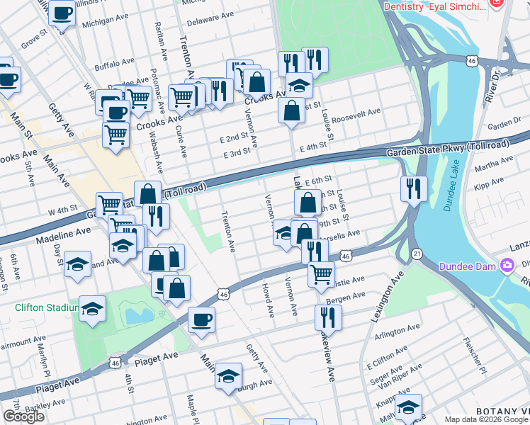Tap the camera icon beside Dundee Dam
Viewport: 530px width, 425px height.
coord(507,266)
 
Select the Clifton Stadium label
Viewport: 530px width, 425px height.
coord(46,307)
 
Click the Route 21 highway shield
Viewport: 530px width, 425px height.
coord(417,254)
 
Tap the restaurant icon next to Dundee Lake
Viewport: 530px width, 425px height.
coord(412,188)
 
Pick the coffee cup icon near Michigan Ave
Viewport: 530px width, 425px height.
coord(62,12)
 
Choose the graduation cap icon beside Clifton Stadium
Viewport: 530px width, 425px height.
coord(91,309)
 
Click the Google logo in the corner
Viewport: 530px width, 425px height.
coord(23,416)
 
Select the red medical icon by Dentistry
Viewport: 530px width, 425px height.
coord(497,5)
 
